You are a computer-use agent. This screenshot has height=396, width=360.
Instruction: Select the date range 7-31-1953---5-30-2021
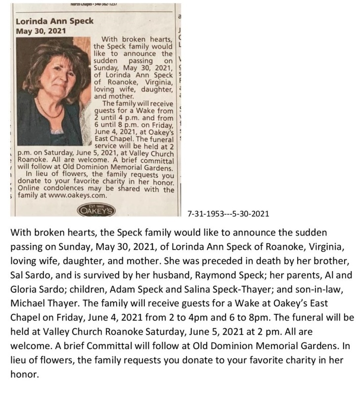pyautogui.click(x=228, y=214)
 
